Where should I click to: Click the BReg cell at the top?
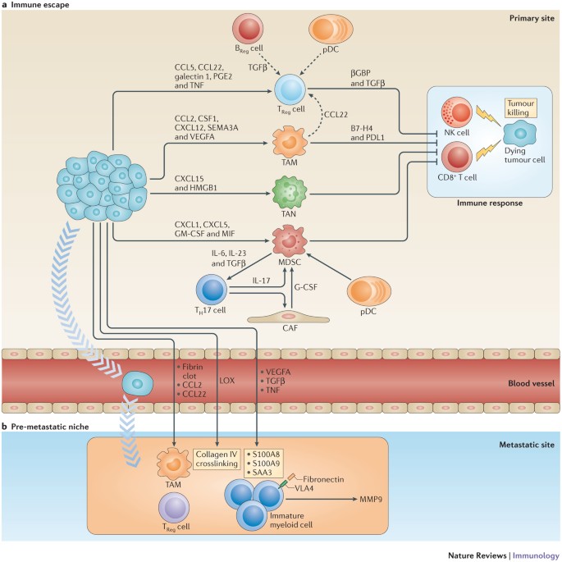248,29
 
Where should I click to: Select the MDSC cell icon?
290,240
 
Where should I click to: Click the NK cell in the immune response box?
457,112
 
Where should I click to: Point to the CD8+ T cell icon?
457,157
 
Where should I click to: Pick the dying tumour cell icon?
519,134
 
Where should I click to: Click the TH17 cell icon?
212,290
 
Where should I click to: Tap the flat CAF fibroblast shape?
289,318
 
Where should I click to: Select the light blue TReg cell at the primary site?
290,90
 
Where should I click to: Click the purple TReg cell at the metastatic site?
174,508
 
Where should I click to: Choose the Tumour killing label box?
521,107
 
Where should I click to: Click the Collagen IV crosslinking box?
217,459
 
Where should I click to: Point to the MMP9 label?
371,499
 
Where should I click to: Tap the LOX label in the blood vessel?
227,381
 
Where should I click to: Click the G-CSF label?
306,287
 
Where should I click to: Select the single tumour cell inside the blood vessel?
138,383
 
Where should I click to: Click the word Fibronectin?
323,479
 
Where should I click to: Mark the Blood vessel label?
531,383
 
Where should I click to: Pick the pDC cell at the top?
331,30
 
